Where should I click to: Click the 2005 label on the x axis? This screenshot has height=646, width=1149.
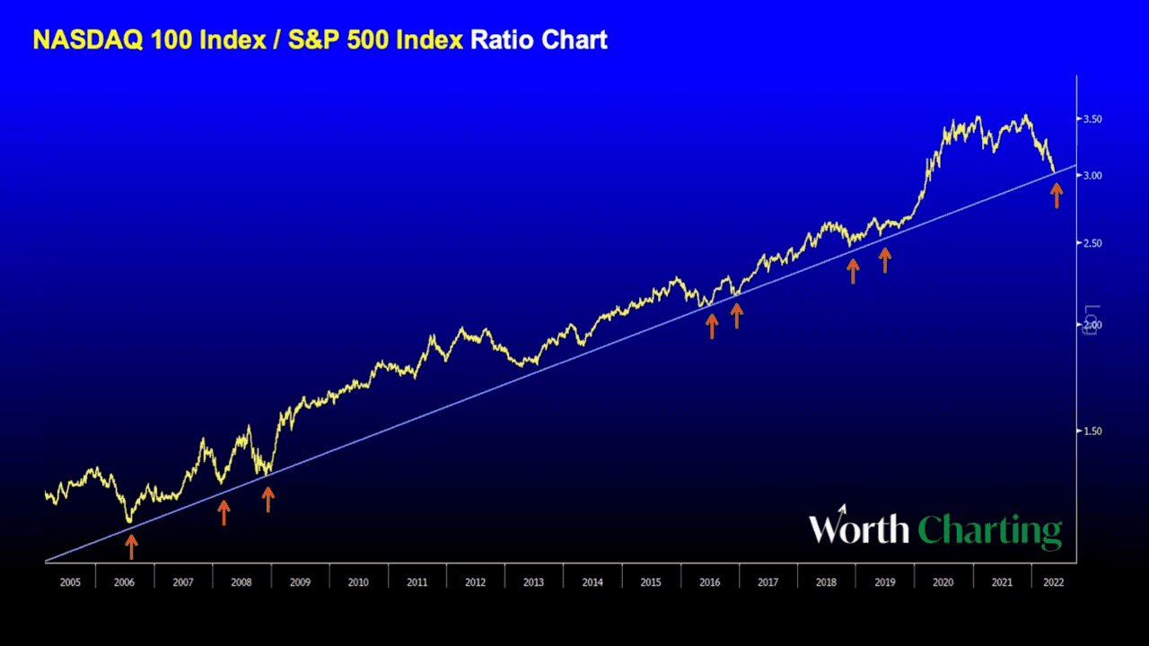70,582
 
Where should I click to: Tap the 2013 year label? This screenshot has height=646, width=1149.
533,582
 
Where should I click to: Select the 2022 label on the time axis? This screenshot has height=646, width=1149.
1054,582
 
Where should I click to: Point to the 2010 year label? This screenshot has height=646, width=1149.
358,582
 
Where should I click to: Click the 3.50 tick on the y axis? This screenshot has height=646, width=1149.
1092,119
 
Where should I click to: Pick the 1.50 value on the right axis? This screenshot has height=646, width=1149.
1092,432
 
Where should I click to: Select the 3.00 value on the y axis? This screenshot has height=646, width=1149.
1092,176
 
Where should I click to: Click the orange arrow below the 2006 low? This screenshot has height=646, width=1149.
131,546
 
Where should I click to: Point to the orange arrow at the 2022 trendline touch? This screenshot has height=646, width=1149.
1057,195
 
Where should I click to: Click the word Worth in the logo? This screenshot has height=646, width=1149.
859,529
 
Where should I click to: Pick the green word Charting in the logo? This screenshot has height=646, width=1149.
991,531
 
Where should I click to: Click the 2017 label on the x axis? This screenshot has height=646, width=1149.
767,582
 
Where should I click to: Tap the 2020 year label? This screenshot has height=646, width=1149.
943,582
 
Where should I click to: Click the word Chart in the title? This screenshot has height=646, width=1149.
574,40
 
